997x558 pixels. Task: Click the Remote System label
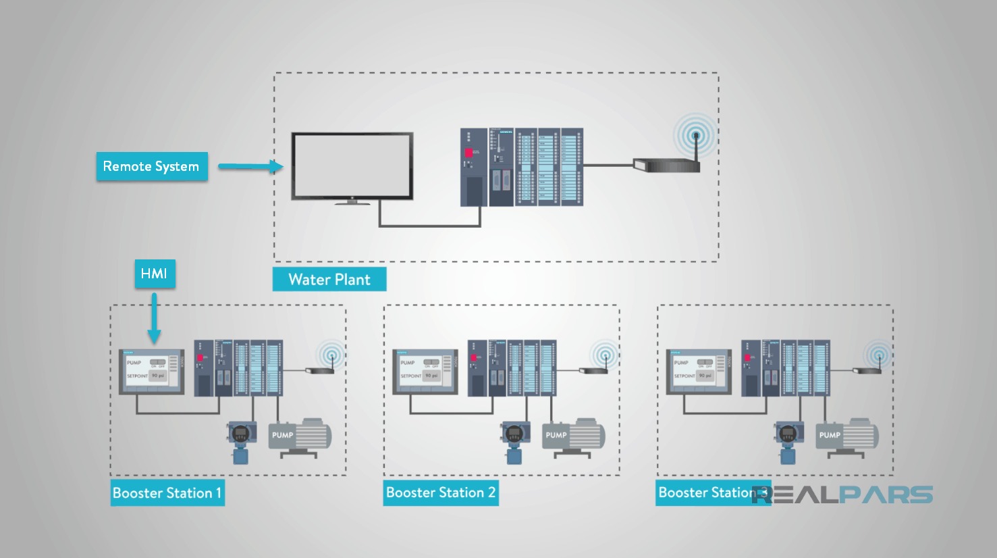pos(151,166)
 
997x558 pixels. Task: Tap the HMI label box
pos(155,274)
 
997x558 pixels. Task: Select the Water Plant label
pos(329,280)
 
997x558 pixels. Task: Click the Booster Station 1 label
pos(167,493)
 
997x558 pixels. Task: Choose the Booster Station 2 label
pos(440,492)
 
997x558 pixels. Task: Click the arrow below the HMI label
pos(155,318)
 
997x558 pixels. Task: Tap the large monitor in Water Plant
pos(352,167)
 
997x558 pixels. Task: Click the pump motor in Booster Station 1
pos(300,436)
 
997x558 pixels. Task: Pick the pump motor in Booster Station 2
pos(574,436)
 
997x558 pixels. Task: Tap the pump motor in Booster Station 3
pos(847,436)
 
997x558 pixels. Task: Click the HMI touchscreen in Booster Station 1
pos(152,372)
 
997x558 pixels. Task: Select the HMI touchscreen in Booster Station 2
pos(425,372)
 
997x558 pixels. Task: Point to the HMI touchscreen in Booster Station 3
pos(699,372)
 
